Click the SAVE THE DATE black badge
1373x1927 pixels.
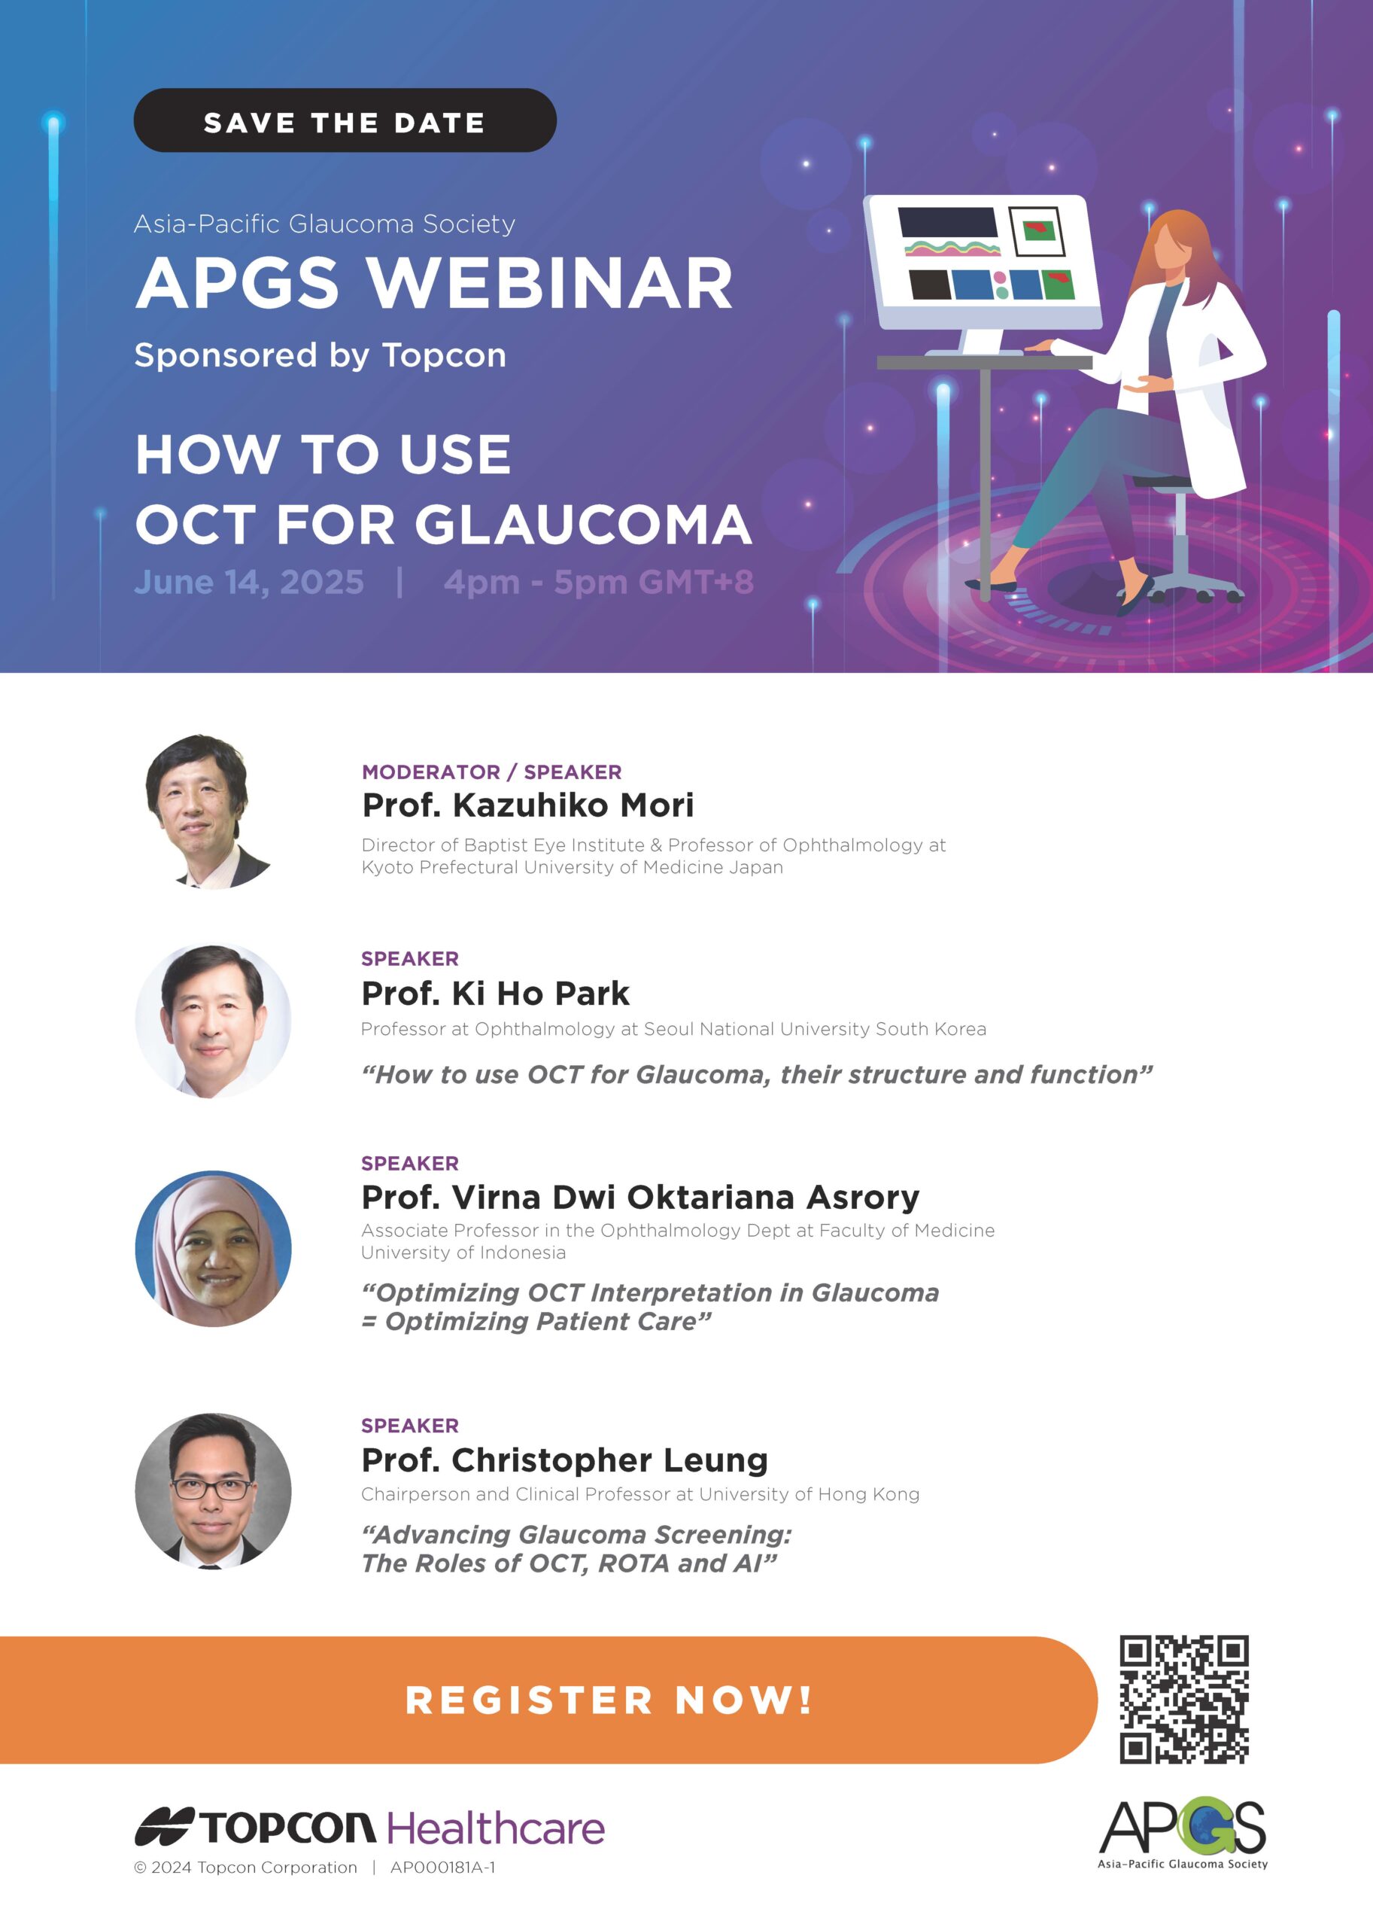[345, 120]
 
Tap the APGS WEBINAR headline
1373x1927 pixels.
[433, 282]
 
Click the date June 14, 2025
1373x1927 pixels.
[250, 582]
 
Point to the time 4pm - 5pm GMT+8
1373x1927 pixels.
[599, 582]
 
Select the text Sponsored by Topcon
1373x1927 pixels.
[320, 355]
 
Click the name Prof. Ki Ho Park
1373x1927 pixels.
[496, 993]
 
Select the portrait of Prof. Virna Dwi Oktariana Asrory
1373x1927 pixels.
[213, 1249]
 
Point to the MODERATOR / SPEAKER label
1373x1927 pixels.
[492, 772]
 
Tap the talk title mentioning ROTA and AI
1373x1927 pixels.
[576, 1549]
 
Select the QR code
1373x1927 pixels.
[1184, 1700]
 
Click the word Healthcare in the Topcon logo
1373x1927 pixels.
[497, 1828]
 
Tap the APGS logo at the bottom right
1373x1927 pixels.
[1183, 1833]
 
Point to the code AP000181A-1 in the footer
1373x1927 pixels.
[443, 1868]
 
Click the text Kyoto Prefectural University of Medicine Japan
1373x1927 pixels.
[573, 867]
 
